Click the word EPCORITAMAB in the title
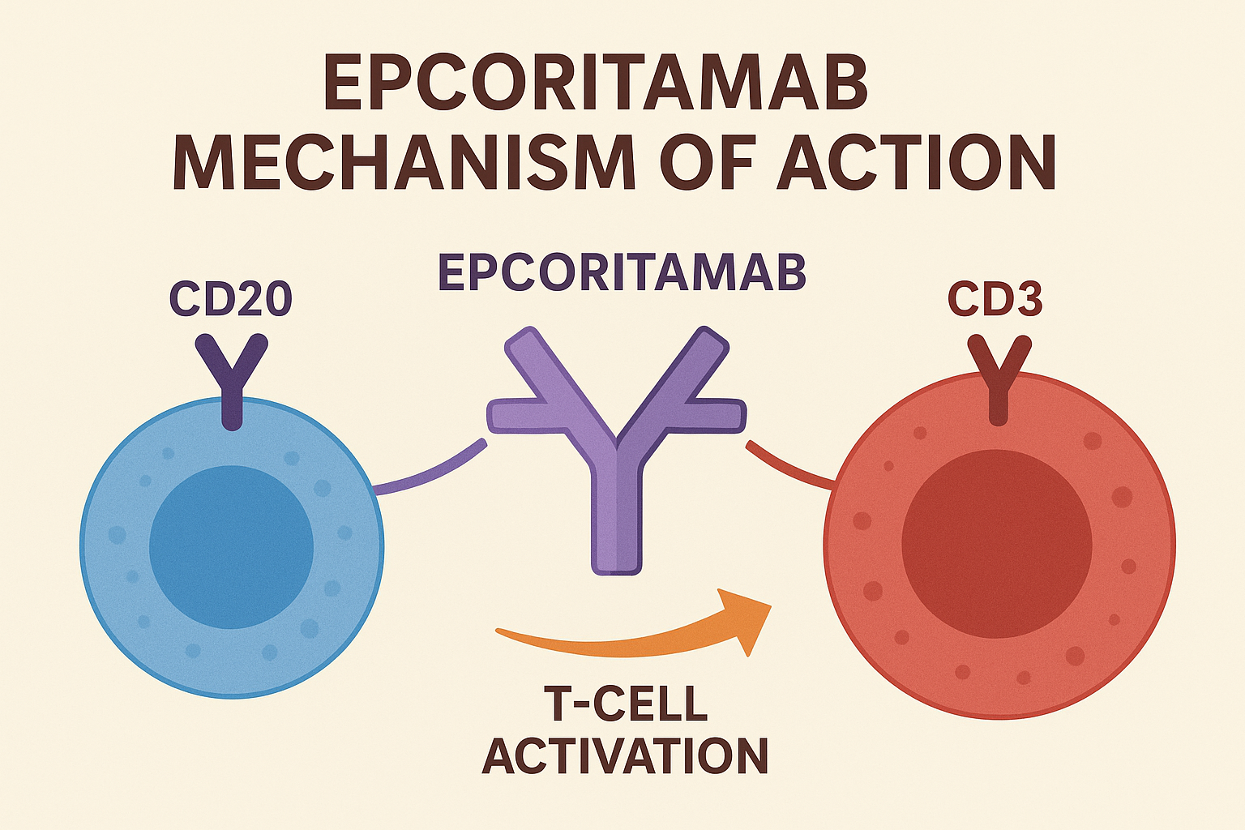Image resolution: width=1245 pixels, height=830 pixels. [596, 83]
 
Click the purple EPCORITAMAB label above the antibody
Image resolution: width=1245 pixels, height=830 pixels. [622, 272]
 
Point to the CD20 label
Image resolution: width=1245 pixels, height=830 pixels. [230, 299]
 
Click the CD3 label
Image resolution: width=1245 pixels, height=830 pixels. [995, 299]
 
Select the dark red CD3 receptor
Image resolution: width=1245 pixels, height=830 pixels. [999, 377]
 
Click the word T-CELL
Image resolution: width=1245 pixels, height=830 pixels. [625, 703]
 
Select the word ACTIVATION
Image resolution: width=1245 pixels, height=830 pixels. [625, 755]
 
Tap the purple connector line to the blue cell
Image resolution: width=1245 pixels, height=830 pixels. [430, 472]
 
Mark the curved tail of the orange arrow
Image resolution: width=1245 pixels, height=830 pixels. [567, 643]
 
